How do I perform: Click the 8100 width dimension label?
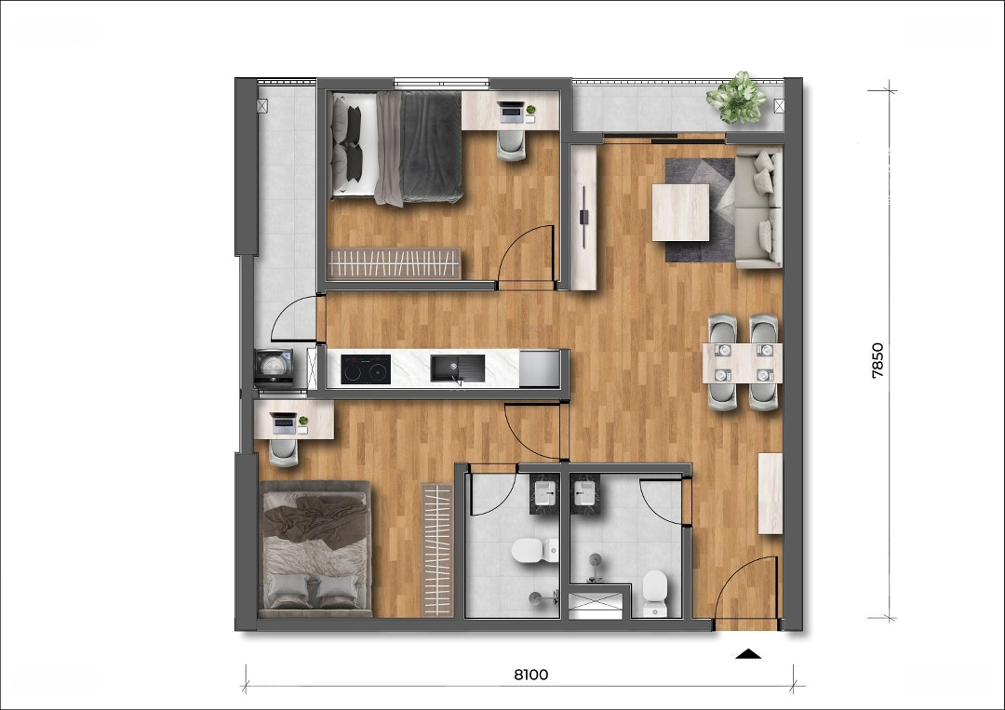(x=531, y=674)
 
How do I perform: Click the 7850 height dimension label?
(x=878, y=361)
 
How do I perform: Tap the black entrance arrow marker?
(x=748, y=653)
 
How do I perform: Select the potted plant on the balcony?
(x=736, y=98)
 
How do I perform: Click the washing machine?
(x=274, y=368)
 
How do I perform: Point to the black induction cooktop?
(x=366, y=369)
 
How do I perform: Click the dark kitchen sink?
(x=457, y=369)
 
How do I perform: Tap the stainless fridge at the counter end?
(x=540, y=368)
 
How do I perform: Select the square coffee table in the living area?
(x=680, y=212)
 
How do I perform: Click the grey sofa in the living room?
(x=758, y=208)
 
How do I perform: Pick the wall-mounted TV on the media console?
(x=583, y=217)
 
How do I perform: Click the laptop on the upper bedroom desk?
(x=512, y=112)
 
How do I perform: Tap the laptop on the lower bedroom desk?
(x=283, y=423)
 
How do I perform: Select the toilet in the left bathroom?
(x=535, y=551)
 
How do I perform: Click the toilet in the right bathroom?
(x=655, y=592)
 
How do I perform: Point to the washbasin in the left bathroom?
(x=544, y=494)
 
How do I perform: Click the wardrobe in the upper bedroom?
(x=394, y=263)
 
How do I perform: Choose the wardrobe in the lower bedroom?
(x=437, y=550)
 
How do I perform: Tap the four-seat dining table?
(x=743, y=363)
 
